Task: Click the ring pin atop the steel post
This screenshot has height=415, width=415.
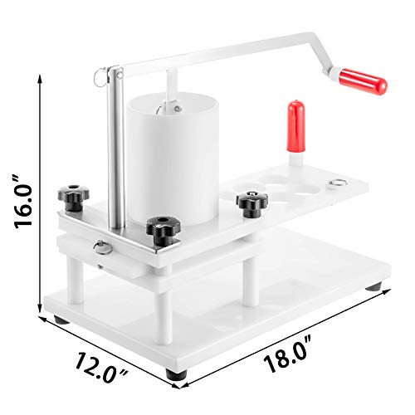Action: tap(103, 77)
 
